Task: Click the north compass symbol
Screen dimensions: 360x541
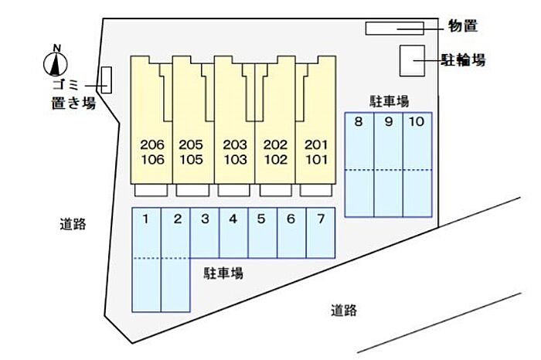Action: coord(56,62)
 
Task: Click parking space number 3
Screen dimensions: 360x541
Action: coord(205,232)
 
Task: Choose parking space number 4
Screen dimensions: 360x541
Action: coord(233,232)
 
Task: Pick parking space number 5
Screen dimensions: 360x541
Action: coord(262,232)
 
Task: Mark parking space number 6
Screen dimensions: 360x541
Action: coord(291,232)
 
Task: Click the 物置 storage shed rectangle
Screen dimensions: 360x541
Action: coord(394,28)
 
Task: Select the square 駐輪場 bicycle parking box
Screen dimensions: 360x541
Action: coord(412,60)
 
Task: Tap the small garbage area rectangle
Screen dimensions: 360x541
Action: coord(107,80)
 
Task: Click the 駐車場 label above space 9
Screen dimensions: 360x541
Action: coord(389,100)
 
